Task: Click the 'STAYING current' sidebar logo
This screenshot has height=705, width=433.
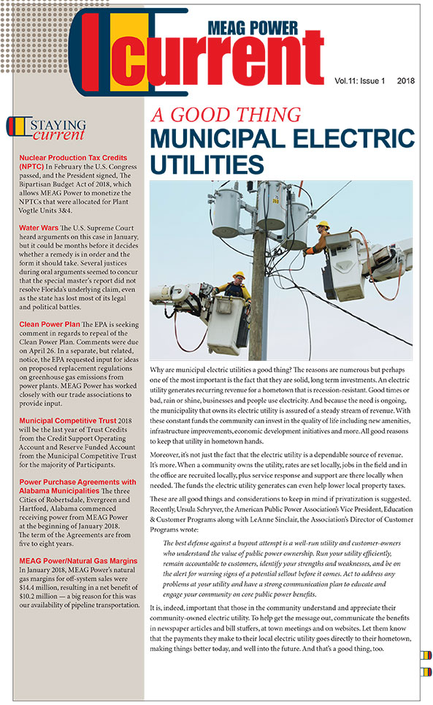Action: click(x=45, y=129)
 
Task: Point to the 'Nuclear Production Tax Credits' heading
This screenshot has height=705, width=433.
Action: click(x=73, y=157)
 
